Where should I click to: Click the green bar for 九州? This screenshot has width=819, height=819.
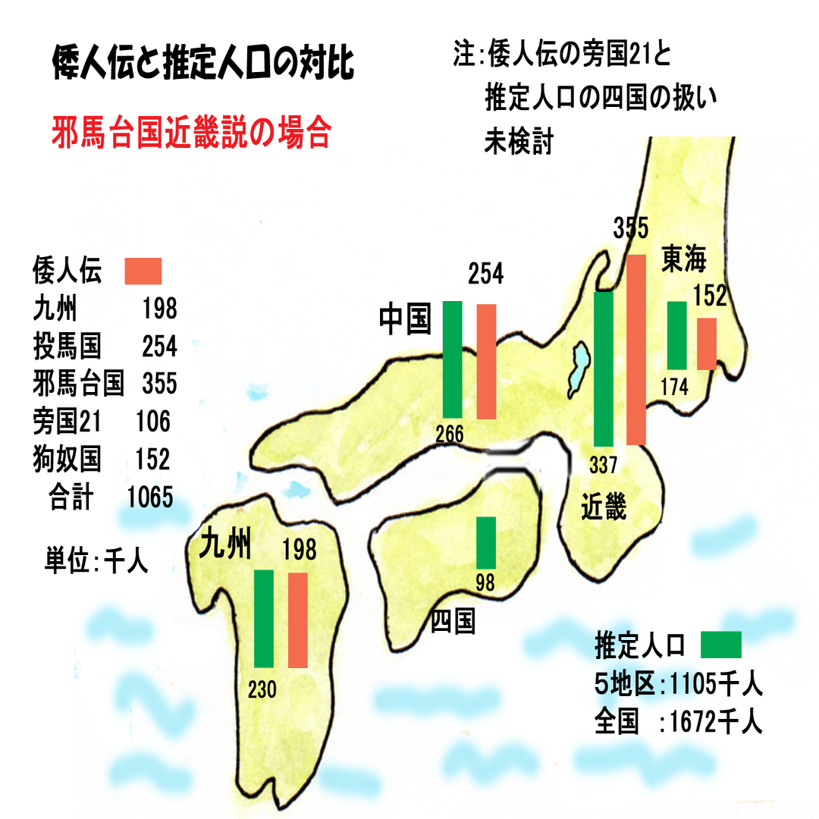(x=264, y=618)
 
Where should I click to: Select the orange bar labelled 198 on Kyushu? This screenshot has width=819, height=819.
(x=298, y=620)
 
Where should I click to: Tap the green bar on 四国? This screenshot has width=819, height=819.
(x=486, y=542)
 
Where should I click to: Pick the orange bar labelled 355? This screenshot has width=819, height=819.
(x=636, y=349)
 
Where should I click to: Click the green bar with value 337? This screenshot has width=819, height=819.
(x=604, y=369)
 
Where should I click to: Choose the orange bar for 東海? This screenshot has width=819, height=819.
(x=707, y=344)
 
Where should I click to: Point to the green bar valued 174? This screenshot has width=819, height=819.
(x=676, y=335)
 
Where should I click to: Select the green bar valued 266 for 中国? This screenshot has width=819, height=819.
(x=452, y=359)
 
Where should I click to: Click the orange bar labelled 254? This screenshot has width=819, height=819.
(x=486, y=362)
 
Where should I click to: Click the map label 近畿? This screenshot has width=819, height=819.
(x=604, y=506)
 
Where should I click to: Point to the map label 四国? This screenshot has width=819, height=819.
(x=453, y=622)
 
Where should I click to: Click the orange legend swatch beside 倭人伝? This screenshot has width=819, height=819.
(x=143, y=271)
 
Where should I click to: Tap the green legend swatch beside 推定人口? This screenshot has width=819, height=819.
(x=720, y=645)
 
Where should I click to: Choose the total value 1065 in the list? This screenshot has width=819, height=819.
(x=150, y=497)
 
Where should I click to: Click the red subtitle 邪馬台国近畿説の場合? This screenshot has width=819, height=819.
(x=191, y=133)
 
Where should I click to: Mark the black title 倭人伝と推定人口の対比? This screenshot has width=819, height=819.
(x=202, y=65)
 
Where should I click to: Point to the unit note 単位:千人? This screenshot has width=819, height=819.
(x=96, y=562)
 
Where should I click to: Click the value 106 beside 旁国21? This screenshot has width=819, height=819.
(x=153, y=422)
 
